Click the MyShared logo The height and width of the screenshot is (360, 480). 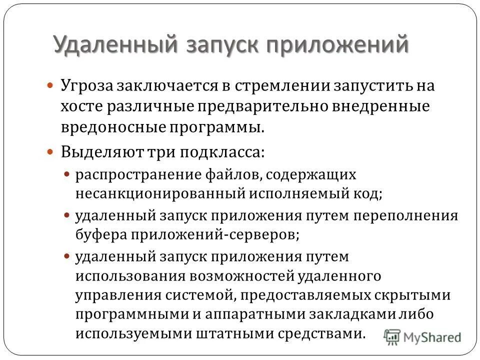(x=423, y=336)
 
